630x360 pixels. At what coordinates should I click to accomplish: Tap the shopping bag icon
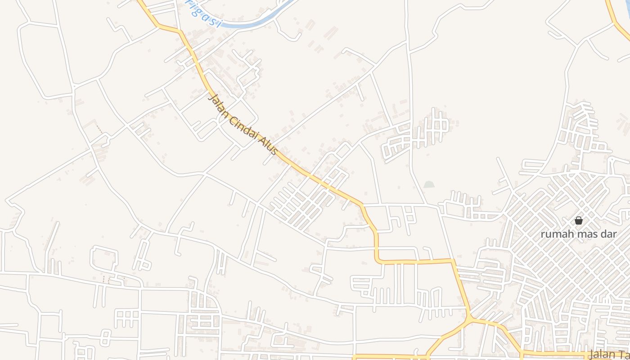[x=579, y=220]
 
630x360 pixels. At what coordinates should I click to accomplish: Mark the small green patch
[x=429, y=184]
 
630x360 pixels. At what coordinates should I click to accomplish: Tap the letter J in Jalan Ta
[x=590, y=354]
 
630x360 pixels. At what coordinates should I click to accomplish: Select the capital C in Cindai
[x=231, y=118]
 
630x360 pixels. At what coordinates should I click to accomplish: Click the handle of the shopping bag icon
[x=579, y=218]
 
